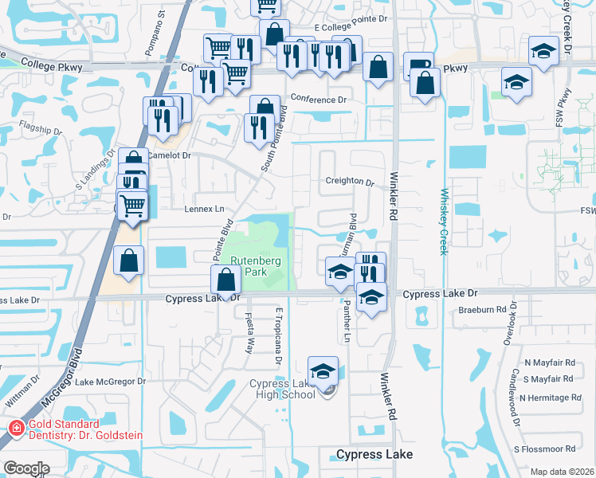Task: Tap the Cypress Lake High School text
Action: click(284, 390)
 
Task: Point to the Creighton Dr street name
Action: click(349, 182)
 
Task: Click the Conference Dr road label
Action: click(319, 100)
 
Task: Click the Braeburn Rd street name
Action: click(482, 310)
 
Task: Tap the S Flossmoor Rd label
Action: click(544, 449)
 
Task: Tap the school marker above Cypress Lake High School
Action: click(323, 370)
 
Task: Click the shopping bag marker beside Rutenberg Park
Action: click(226, 280)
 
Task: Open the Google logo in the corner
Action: click(25, 468)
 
